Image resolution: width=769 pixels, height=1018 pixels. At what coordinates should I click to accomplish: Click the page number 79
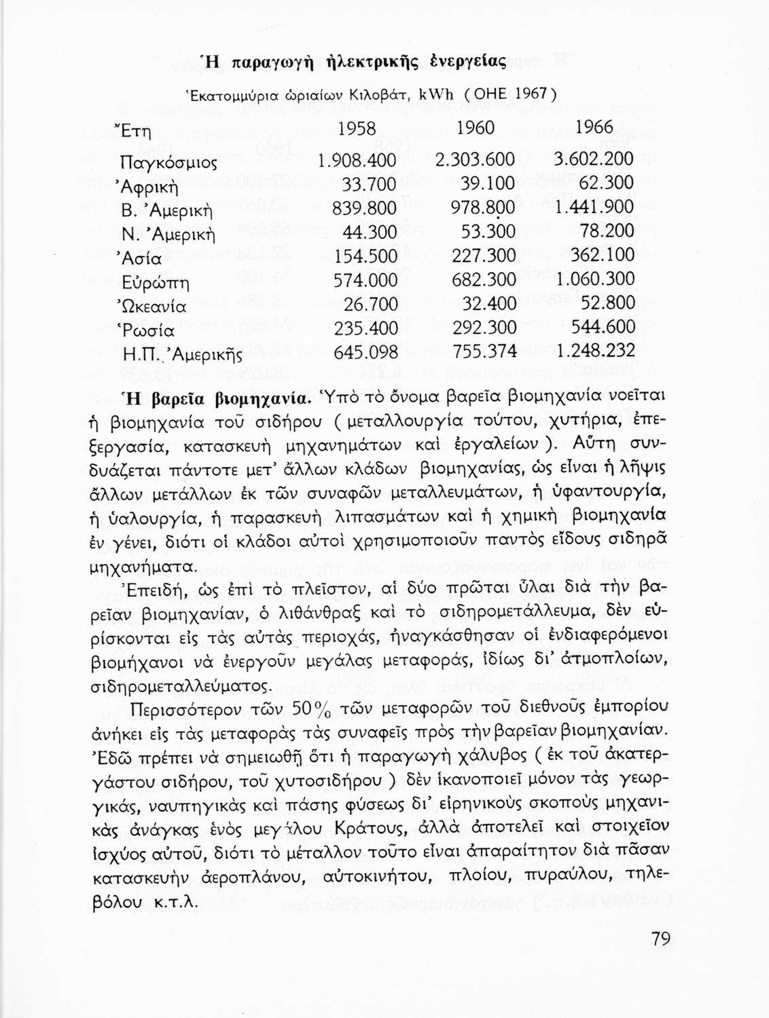[660, 939]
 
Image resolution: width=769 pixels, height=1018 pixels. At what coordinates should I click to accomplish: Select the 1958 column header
[356, 128]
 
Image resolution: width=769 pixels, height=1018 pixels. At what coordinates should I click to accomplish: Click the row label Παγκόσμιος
[168, 162]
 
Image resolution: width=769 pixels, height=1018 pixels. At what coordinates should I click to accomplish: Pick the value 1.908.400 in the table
[357, 160]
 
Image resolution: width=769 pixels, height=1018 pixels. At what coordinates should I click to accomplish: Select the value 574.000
[365, 280]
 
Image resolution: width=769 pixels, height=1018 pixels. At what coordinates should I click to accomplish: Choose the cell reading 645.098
[365, 352]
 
